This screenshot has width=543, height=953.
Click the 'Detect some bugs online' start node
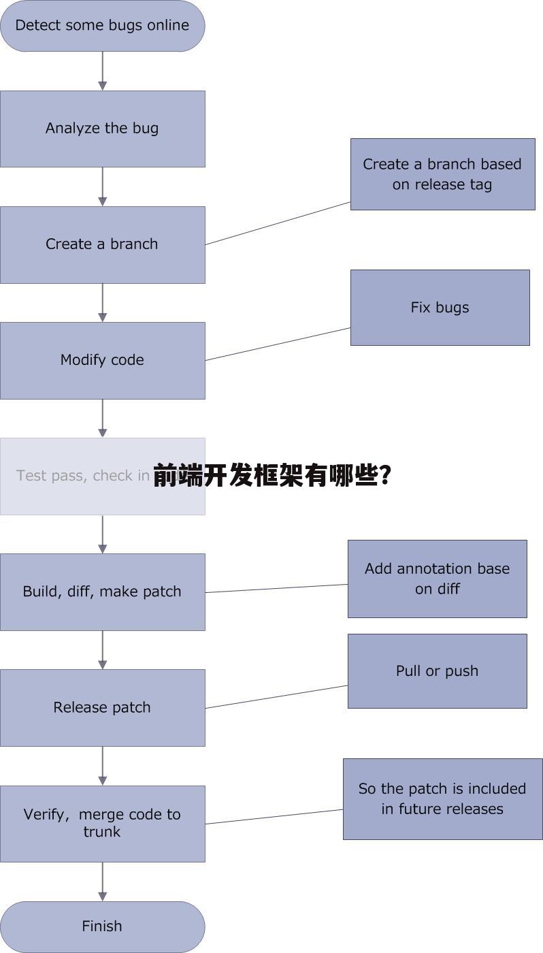[x=102, y=26]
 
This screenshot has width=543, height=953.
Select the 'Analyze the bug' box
[x=102, y=129]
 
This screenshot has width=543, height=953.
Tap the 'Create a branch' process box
[x=102, y=244]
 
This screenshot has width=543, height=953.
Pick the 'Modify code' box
[x=102, y=360]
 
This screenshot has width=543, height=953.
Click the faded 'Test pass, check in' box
[x=75, y=476]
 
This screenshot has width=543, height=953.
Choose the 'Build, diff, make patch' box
[x=102, y=592]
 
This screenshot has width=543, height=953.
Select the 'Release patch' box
[x=102, y=707]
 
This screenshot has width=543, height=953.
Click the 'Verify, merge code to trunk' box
[x=102, y=823]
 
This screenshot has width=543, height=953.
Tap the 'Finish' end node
[x=102, y=926]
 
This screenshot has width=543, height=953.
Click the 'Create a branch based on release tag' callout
[x=442, y=174]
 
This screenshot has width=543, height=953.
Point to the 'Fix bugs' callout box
[x=440, y=308]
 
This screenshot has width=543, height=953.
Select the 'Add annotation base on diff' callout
[x=437, y=579]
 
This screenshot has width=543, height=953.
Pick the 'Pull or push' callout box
[x=437, y=671]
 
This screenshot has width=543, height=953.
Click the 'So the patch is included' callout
[x=442, y=798]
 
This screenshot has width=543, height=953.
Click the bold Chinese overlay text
[x=271, y=476]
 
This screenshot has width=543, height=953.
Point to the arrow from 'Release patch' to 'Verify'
[x=103, y=766]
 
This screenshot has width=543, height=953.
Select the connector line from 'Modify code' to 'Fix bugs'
[x=278, y=344]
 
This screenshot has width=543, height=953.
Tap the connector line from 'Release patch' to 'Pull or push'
[x=276, y=696]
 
